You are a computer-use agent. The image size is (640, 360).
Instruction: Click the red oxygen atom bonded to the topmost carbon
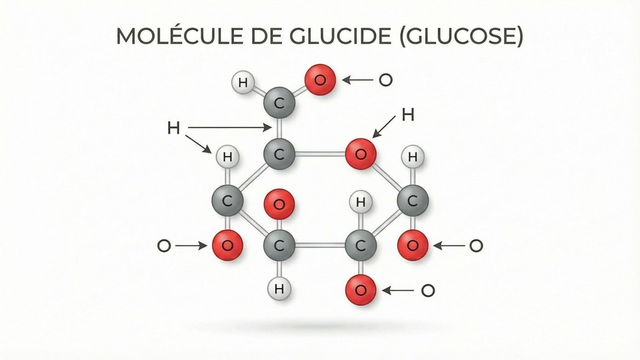point(321,81)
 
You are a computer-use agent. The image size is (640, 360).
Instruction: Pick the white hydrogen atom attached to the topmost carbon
point(243,83)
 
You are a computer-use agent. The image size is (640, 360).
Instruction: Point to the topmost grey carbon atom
point(279,104)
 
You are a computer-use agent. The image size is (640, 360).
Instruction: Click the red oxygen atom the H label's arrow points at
point(361,155)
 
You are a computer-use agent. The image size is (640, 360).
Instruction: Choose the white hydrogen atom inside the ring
point(361,201)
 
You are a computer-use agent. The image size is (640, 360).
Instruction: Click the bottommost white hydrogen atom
point(279,289)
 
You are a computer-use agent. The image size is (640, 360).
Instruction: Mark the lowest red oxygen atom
point(361,290)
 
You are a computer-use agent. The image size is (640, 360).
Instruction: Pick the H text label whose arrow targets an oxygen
point(408,115)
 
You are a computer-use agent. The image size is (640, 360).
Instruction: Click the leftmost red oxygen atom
point(227,246)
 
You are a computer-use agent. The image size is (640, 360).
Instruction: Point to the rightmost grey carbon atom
point(413,201)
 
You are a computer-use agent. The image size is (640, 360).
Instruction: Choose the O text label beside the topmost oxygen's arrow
point(385,81)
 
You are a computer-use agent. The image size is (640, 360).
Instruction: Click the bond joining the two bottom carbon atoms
point(320,246)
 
